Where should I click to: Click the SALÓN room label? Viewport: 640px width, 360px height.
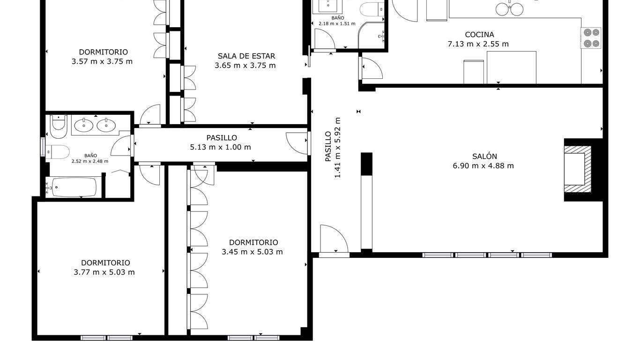coord(484,156)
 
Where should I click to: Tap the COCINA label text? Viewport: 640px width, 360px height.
coord(479,35)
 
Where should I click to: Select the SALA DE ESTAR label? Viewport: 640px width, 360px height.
coord(246,56)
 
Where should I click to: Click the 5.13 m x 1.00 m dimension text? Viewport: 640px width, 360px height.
coord(220,147)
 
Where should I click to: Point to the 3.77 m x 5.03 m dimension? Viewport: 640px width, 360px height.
coord(104,272)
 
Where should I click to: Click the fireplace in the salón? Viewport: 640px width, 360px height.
coord(577,169)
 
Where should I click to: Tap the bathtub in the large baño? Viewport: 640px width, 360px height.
coord(74,187)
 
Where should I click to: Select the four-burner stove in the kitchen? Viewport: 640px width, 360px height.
coord(591,38)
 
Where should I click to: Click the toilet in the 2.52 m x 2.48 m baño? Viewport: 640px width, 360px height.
coord(58,152)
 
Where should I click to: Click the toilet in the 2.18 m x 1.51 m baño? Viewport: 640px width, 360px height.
coord(372,9)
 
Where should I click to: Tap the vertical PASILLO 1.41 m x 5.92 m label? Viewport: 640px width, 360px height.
coord(333,147)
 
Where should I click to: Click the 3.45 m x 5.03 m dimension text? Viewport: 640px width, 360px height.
coord(252,252)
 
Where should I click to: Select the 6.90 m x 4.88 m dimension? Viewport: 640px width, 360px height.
coord(483,166)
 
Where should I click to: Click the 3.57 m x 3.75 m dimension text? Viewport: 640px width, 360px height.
coord(102,61)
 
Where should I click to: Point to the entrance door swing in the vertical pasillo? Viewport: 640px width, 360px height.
coord(334,239)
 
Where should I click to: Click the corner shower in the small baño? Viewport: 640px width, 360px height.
coord(371,35)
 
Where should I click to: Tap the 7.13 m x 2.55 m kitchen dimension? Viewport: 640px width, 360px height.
coord(478,44)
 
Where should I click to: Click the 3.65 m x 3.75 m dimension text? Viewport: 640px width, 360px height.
coord(245,66)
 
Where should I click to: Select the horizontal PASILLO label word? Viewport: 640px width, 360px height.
coord(222,138)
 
